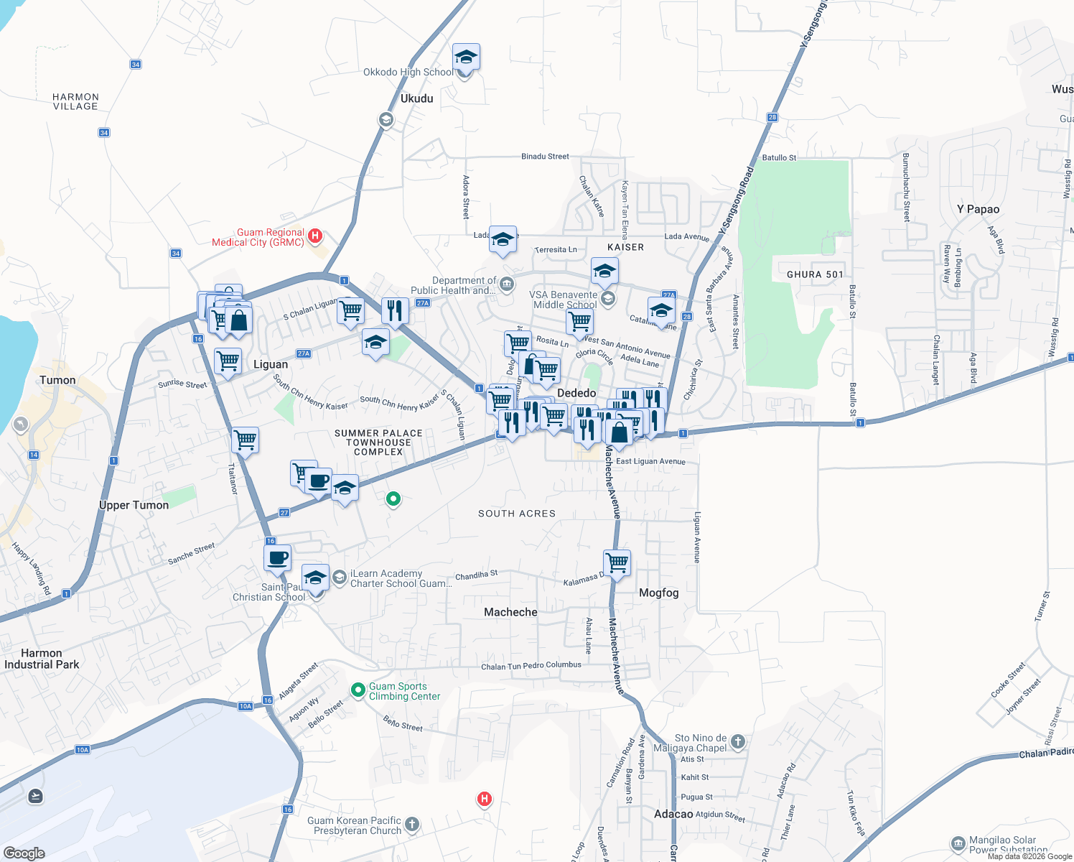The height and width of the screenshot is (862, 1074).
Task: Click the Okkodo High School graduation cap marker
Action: [466, 57]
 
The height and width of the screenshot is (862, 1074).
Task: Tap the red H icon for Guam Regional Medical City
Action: [314, 236]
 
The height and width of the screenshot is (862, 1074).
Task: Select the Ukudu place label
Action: [417, 98]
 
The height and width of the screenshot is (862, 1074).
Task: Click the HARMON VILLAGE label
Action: [75, 101]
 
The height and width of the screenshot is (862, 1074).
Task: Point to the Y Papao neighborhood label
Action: [978, 209]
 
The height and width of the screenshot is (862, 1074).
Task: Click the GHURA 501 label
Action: [815, 274]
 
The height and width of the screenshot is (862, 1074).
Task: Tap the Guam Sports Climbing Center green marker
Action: [358, 690]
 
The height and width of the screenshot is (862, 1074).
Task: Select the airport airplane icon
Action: [35, 796]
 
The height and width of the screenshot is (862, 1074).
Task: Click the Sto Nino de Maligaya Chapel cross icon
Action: [738, 741]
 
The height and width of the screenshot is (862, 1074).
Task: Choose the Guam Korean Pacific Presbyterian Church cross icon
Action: [412, 824]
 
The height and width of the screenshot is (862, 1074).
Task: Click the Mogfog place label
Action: [658, 593]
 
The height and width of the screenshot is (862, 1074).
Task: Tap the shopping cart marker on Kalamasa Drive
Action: [617, 562]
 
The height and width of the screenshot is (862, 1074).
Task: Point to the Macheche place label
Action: [510, 612]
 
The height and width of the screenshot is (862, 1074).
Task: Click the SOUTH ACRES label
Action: [517, 514]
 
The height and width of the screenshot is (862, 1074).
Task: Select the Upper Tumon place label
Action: [134, 505]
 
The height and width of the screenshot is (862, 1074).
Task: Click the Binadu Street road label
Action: [545, 156]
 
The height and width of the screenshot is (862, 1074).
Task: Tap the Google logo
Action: [24, 853]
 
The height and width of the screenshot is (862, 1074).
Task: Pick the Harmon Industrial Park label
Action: [42, 659]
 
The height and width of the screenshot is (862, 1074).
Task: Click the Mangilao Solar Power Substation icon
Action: [958, 843]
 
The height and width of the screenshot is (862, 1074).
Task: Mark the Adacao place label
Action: [673, 814]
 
